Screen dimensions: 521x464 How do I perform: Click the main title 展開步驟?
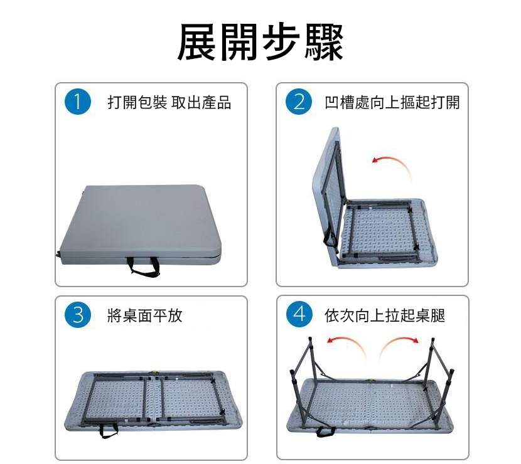pyautogui.click(x=260, y=42)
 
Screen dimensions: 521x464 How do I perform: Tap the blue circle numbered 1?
pyautogui.click(x=78, y=102)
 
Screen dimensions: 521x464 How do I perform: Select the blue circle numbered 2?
pyautogui.click(x=299, y=102)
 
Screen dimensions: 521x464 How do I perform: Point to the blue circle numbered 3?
pyautogui.click(x=78, y=315)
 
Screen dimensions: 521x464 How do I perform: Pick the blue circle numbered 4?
pyautogui.click(x=299, y=314)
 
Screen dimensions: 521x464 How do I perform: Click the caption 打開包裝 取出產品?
pyautogui.click(x=169, y=102)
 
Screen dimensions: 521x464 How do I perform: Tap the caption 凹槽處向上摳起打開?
pyautogui.click(x=392, y=102)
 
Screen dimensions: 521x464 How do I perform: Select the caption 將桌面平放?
pyautogui.click(x=145, y=315)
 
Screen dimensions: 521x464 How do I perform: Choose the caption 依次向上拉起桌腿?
pyautogui.click(x=385, y=315)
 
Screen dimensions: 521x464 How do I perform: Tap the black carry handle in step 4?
pyautogui.click(x=326, y=431)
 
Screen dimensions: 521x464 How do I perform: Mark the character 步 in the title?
pyautogui.click(x=281, y=42)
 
